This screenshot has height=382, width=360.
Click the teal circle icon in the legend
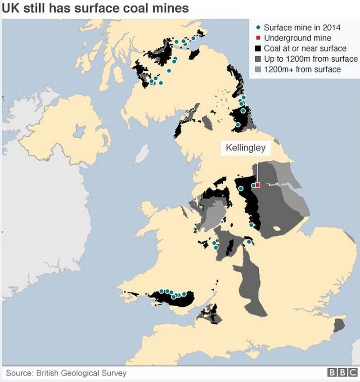click(257, 28)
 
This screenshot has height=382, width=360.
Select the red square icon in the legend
click(257, 38)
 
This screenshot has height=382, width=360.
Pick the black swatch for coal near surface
click(257, 49)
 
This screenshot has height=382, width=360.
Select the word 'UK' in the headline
click(10, 9)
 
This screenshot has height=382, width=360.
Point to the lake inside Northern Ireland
click(79, 131)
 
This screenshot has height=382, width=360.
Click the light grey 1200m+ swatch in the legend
click(257, 69)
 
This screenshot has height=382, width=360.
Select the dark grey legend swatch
click(257, 59)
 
